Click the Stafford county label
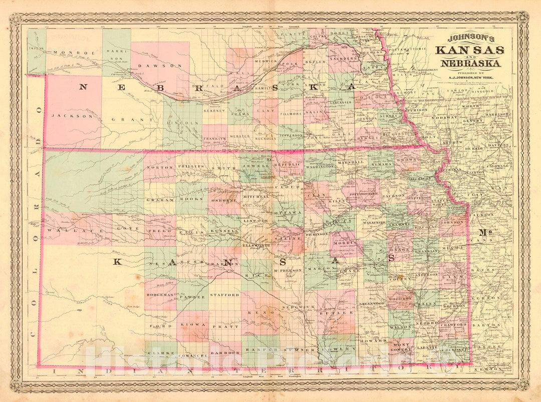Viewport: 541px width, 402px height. tap(224, 295)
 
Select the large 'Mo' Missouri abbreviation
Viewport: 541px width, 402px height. tap(485, 232)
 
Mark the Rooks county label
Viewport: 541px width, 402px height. tap(192, 199)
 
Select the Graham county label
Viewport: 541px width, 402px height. tap(159, 200)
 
